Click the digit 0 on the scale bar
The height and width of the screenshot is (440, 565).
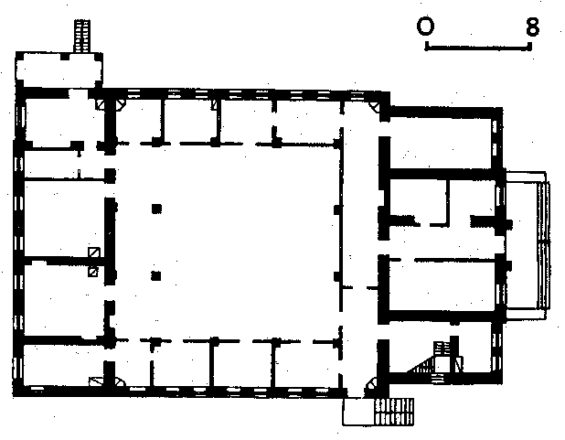click(425, 27)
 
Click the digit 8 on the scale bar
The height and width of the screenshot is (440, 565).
click(533, 27)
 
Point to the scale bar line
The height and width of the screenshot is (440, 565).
click(478, 47)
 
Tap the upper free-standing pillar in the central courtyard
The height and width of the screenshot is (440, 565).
click(156, 209)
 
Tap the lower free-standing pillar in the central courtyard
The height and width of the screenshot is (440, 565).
click(156, 276)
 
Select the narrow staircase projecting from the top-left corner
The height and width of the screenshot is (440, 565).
click(82, 36)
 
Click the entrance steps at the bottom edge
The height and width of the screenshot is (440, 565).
click(394, 412)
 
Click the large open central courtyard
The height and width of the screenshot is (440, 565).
click(225, 241)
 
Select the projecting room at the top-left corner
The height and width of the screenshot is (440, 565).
click(59, 70)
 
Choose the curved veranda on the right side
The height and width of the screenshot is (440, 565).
click(528, 244)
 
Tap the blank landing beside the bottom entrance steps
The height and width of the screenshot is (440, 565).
click(358, 412)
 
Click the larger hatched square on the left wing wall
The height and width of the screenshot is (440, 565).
click(94, 252)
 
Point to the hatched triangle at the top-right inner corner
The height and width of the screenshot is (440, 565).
click(375, 106)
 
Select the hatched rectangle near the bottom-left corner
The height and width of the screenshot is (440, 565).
click(96, 381)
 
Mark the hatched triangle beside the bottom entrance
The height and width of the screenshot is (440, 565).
click(372, 383)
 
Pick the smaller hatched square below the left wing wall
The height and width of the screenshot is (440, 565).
click(93, 272)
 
